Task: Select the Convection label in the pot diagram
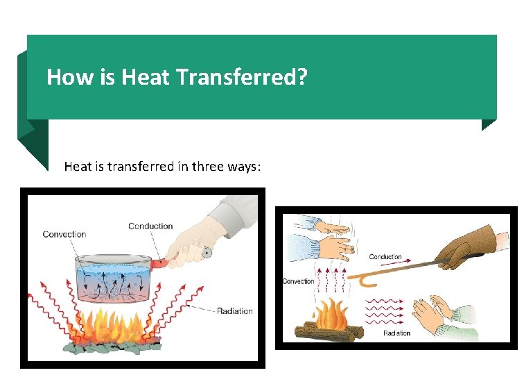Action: coord(64,234)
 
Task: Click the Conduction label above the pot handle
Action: coord(150,226)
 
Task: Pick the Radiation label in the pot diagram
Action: coord(234,310)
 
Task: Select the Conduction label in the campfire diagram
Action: coord(385,257)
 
